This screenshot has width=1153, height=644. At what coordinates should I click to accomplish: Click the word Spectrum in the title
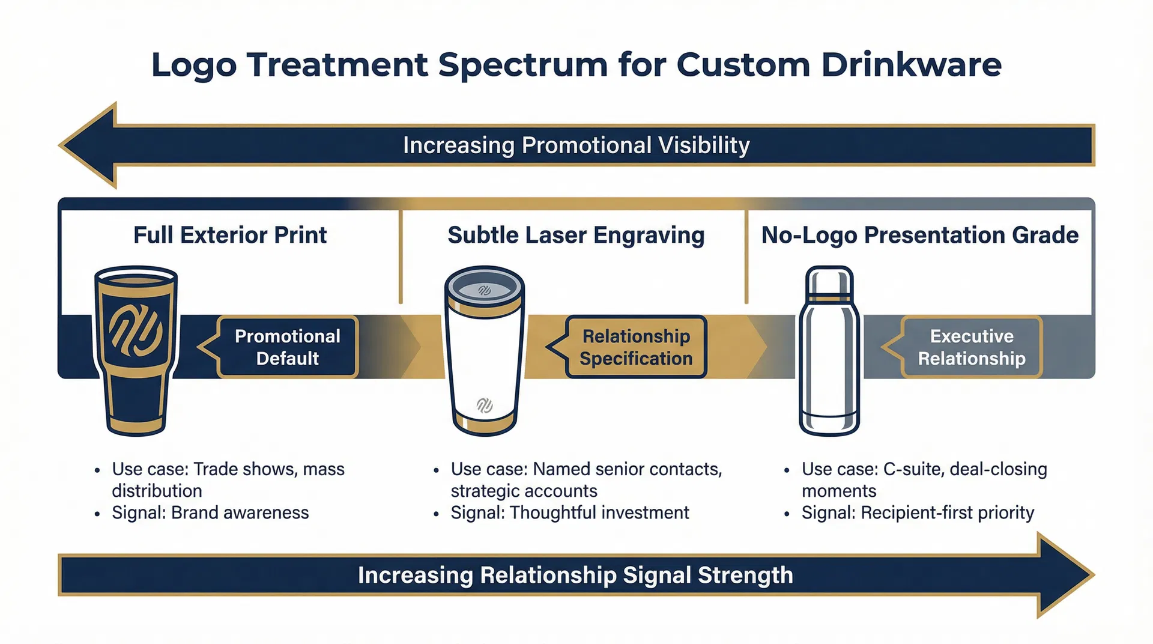(x=522, y=65)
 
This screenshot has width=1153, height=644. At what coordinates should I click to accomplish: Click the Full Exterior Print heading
(x=230, y=235)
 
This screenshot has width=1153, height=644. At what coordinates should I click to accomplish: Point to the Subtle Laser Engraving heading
(x=576, y=235)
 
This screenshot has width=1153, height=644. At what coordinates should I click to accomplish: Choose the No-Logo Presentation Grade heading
(x=919, y=235)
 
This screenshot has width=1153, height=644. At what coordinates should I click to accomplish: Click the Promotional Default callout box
(x=288, y=347)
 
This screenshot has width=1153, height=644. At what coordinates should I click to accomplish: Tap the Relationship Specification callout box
(x=636, y=347)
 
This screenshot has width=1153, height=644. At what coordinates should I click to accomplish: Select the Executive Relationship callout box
(x=972, y=347)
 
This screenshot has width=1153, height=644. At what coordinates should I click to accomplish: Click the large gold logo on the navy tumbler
(x=136, y=330)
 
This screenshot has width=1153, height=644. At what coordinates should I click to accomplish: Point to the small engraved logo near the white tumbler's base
(x=484, y=406)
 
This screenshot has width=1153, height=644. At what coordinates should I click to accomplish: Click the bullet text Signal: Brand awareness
(x=210, y=512)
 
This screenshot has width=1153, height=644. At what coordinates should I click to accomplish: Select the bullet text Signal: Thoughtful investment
(x=569, y=512)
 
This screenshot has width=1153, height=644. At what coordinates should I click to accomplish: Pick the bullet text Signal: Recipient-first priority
(x=918, y=512)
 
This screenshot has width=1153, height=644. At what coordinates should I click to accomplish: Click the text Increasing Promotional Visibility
(x=576, y=145)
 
